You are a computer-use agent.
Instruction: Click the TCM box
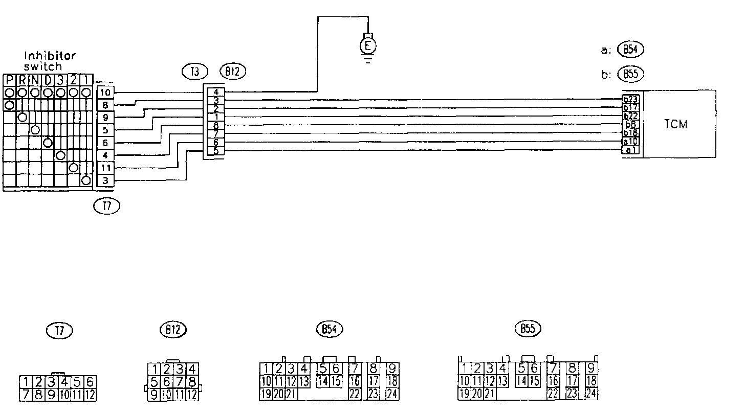(679, 124)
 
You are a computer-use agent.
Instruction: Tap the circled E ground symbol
(367, 47)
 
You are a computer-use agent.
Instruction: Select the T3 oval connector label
(194, 72)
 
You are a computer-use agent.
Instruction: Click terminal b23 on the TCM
(630, 99)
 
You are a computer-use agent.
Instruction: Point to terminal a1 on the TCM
(630, 150)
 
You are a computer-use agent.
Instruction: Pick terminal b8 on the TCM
(630, 124)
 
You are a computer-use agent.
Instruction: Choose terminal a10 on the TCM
(630, 142)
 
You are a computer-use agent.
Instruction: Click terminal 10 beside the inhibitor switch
(105, 93)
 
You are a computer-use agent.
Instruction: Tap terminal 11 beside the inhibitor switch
(105, 168)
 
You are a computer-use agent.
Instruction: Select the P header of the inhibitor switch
(9, 81)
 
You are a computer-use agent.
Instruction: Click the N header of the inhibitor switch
(35, 81)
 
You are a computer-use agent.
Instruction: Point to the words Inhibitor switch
(50, 61)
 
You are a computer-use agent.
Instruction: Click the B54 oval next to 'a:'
(630, 50)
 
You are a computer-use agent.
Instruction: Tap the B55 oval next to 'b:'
(630, 74)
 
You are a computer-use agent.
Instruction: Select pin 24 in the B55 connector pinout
(591, 394)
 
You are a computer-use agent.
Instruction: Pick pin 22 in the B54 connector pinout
(354, 394)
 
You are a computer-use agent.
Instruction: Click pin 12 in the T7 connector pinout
(90, 394)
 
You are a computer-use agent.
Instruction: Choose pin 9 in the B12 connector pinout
(153, 394)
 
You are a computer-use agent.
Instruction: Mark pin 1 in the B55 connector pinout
(464, 368)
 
